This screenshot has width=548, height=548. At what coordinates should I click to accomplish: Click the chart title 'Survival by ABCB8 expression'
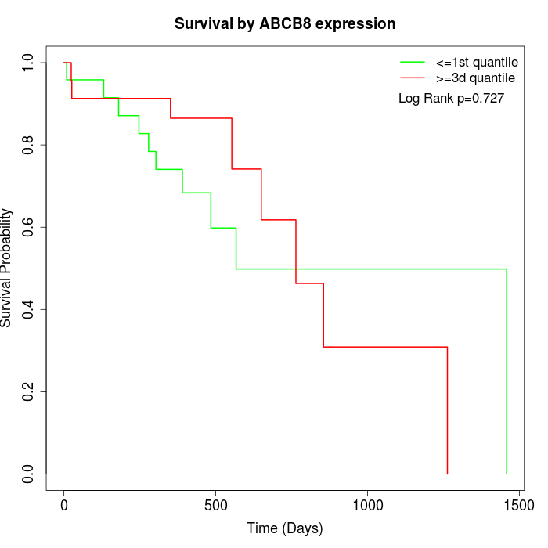[284, 23]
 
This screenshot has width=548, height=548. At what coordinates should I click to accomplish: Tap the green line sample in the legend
[413, 61]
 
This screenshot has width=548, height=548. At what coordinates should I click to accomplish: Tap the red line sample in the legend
[413, 78]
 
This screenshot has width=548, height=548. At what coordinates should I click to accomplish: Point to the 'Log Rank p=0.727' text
[451, 99]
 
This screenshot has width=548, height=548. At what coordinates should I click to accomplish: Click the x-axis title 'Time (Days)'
[284, 528]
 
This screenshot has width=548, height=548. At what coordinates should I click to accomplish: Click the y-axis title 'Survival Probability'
[7, 268]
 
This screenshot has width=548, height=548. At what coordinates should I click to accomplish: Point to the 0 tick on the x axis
[64, 506]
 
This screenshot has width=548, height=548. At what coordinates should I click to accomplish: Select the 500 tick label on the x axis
[215, 506]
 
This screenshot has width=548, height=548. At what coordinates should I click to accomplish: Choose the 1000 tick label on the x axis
[366, 506]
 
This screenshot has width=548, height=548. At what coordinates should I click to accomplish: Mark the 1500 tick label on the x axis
[517, 506]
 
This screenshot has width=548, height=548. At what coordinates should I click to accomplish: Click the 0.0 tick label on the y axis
[29, 474]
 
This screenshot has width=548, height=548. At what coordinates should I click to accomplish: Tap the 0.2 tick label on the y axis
[29, 391]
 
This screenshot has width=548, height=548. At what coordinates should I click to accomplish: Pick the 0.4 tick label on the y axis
[29, 309]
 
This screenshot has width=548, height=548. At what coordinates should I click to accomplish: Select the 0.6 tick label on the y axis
[29, 227]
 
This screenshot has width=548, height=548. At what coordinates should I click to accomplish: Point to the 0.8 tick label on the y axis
[29, 145]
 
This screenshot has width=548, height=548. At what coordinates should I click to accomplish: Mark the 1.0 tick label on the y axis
[29, 63]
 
